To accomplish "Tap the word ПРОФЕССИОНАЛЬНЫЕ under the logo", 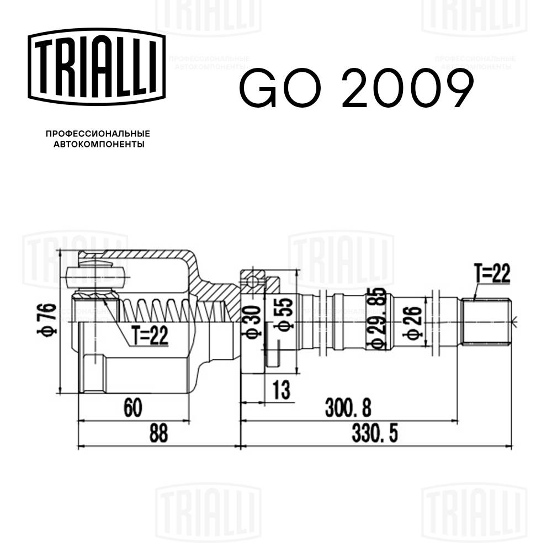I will [98, 134].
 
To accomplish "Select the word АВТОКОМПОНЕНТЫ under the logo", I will [98, 145].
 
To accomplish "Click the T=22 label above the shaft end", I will [491, 274].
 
